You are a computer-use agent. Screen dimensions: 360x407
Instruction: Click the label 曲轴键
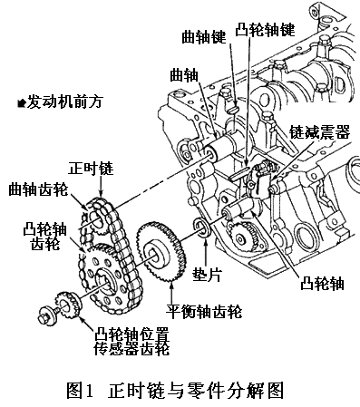[x=204, y=38]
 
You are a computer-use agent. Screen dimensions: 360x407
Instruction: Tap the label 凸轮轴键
[x=265, y=30]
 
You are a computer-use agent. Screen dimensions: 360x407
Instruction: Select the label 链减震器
[x=319, y=131]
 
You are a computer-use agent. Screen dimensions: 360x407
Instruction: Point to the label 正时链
[x=91, y=168]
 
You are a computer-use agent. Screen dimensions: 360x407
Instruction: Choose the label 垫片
[x=208, y=275]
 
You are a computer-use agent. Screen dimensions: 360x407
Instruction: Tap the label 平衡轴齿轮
[x=204, y=311]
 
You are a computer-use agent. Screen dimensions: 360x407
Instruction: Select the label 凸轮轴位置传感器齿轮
[x=131, y=341]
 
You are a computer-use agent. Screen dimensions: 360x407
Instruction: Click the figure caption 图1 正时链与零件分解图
[x=175, y=391]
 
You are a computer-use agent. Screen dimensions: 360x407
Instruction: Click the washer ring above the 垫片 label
[x=201, y=228]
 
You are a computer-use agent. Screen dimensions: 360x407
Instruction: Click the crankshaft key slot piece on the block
[x=235, y=110]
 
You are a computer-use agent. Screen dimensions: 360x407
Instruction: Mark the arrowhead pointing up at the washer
[x=206, y=241]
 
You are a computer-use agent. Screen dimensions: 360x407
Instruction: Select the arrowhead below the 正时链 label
[x=101, y=193]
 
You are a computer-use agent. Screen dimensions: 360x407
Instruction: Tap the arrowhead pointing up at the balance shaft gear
[x=171, y=285]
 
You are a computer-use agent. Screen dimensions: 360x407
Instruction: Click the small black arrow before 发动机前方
[x=22, y=103]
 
